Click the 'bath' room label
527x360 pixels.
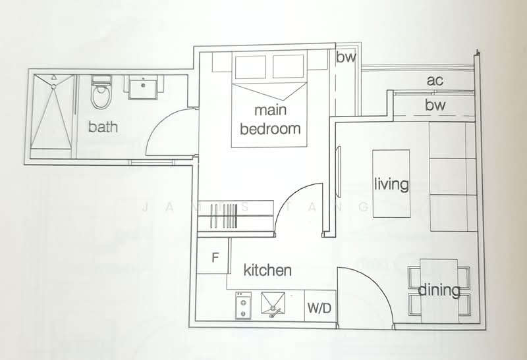click(103, 126)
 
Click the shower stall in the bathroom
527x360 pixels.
click(51, 115)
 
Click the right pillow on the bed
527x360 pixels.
click(288, 66)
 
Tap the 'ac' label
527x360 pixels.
click(434, 81)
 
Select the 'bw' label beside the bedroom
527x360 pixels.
click(346, 57)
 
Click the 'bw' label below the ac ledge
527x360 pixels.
click(435, 105)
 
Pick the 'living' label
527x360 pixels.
click(391, 184)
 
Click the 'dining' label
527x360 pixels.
click(439, 290)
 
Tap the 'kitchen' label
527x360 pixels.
click(267, 270)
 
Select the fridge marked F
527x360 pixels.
click(214, 257)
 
